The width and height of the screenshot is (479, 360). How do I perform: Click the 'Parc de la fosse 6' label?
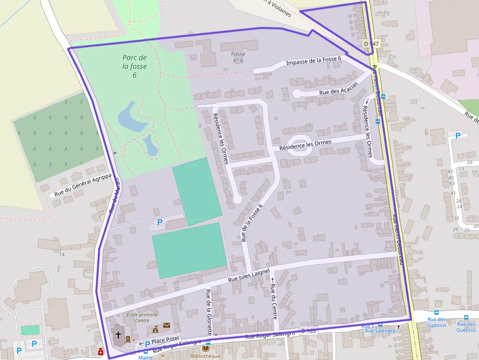coord(134,66)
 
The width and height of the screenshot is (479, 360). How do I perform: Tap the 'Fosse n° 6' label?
coord(238,57)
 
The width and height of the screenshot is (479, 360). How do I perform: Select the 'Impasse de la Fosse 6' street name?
coord(313,61)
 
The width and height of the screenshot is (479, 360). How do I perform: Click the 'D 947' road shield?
coord(371,44)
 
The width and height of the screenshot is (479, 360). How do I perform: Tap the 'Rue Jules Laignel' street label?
coord(249,277)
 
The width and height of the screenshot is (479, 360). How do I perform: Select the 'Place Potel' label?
coord(166,339)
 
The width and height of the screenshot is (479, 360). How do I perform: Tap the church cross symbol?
coord(118,335)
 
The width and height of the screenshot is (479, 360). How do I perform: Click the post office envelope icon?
coord(167,326)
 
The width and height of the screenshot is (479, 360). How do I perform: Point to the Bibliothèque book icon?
coord(205,348)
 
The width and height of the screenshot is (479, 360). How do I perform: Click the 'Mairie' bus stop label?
coord(145,357)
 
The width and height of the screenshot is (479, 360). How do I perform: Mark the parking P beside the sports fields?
coord(159,222)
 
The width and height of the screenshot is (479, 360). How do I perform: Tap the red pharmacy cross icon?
coord(101,352)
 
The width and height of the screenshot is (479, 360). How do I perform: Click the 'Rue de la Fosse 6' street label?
coord(252,223)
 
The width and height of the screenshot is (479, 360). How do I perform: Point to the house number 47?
coord(450,171)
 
